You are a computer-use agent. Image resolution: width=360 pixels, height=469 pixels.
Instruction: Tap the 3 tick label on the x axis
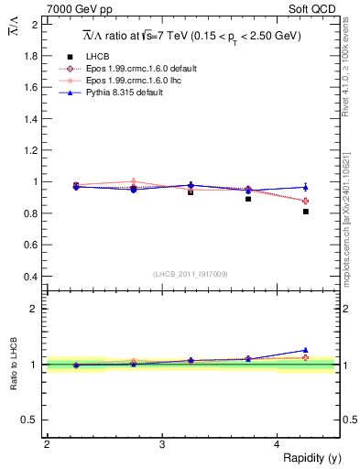[162, 444]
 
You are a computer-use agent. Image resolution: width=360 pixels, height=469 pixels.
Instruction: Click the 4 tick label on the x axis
[278, 444]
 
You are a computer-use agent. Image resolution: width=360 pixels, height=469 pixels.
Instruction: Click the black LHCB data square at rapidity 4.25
[306, 212]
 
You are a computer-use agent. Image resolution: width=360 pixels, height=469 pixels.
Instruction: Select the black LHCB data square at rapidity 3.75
[248, 198]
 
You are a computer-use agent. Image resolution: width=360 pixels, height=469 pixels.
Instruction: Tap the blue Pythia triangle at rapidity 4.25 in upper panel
[306, 187]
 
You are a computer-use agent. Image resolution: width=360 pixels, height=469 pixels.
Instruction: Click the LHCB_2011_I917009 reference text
[191, 273]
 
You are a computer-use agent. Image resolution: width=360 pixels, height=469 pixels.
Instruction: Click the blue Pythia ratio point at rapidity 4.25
[306, 350]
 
